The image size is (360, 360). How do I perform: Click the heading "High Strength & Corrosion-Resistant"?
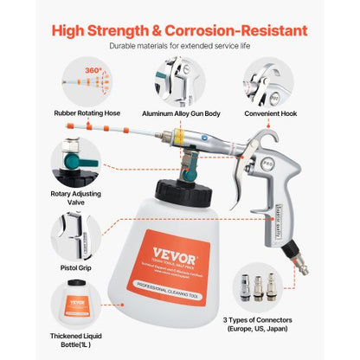pos(179,30)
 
